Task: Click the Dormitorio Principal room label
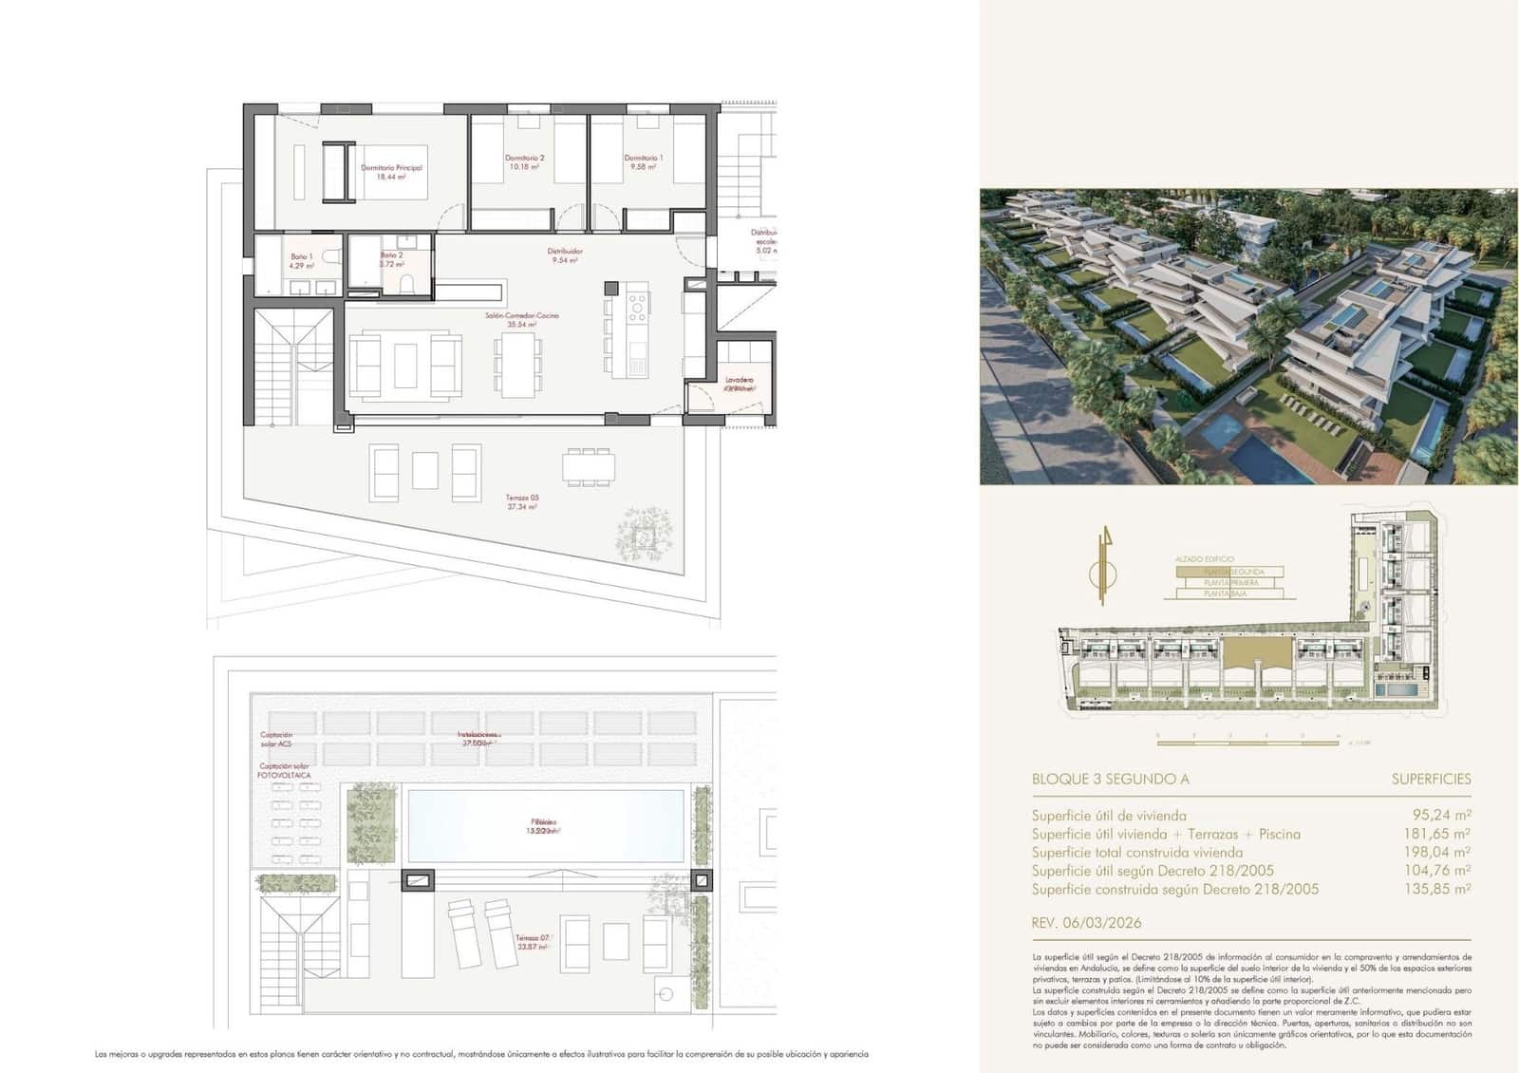click(x=391, y=172)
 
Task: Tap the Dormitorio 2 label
click(x=524, y=161)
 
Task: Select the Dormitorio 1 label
click(x=644, y=161)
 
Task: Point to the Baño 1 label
click(x=302, y=261)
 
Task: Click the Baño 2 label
click(x=392, y=259)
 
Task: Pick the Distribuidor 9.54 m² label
click(x=565, y=255)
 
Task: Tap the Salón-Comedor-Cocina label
click(x=522, y=319)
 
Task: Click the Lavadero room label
click(x=740, y=384)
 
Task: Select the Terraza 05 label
click(x=522, y=502)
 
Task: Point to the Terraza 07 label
click(x=532, y=942)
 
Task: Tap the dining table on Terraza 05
click(x=589, y=466)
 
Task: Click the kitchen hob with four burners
click(x=637, y=306)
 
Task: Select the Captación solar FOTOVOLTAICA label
click(x=284, y=770)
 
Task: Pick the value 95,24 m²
click(x=1442, y=815)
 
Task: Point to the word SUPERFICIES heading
click(x=1431, y=780)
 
